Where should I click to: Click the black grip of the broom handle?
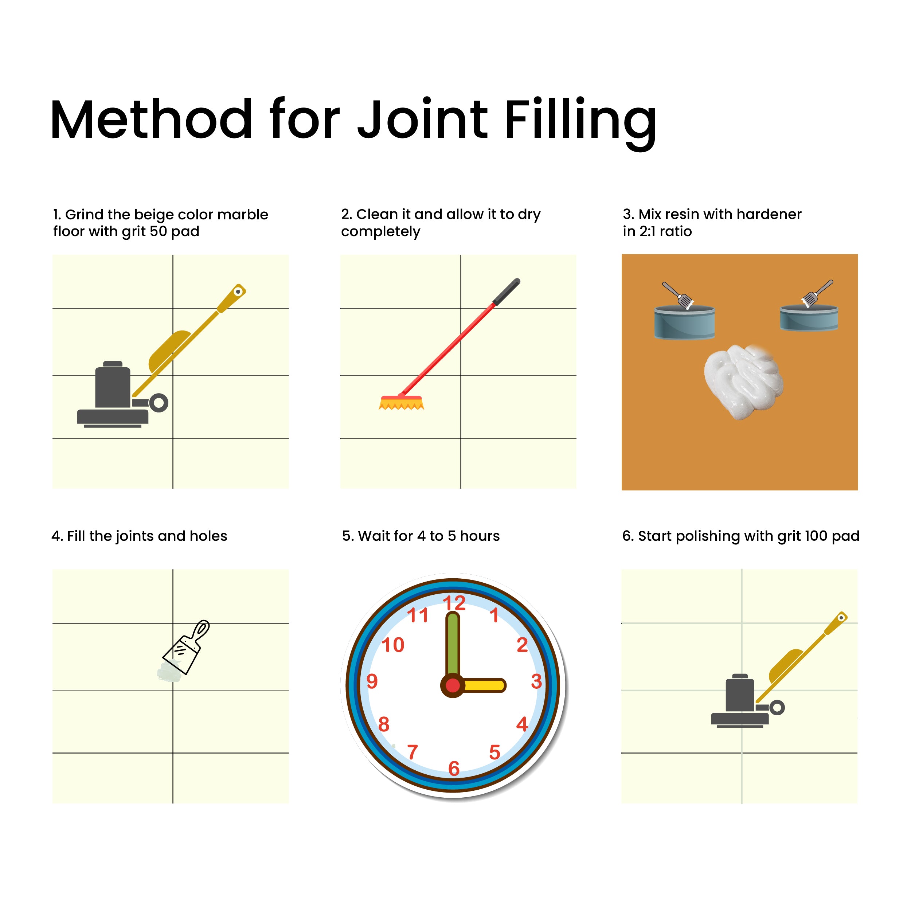[x=507, y=292]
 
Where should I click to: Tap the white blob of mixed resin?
[x=744, y=382]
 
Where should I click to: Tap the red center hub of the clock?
[x=453, y=685]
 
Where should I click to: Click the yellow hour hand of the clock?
[x=483, y=685]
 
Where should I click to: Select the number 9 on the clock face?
[x=372, y=681]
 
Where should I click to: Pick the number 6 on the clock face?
[x=454, y=769]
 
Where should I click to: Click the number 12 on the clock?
[x=454, y=603]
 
